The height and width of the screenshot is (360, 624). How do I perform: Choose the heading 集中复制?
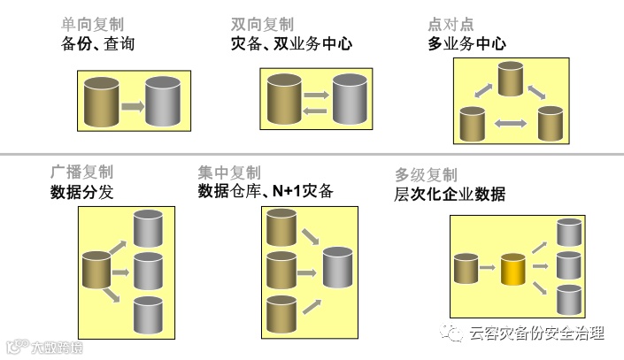[x=229, y=172]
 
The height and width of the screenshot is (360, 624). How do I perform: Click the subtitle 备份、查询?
[x=98, y=43]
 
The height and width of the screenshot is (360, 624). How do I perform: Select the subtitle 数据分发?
[x=81, y=192]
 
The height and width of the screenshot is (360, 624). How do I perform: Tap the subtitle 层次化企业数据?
[x=450, y=195]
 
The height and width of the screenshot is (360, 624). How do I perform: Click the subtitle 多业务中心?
[x=466, y=43]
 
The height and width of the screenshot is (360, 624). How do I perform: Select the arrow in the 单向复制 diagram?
[x=133, y=106]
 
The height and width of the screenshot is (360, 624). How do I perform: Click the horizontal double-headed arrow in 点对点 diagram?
[x=511, y=123]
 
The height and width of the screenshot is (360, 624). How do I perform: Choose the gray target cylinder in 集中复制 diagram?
[x=338, y=266]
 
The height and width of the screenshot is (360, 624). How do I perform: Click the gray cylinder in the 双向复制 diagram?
[x=349, y=98]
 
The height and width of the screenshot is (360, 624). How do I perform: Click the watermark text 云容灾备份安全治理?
[x=537, y=333]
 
